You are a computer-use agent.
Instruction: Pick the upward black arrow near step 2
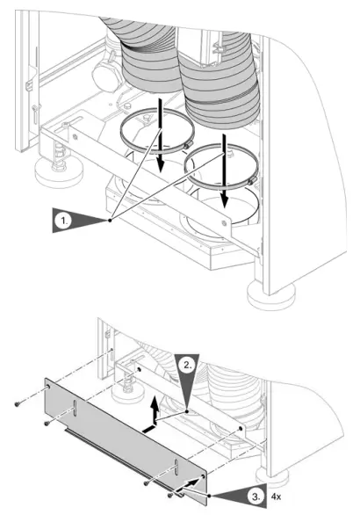(x=155, y=407)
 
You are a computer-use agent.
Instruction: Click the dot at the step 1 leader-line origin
(x=110, y=221)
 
